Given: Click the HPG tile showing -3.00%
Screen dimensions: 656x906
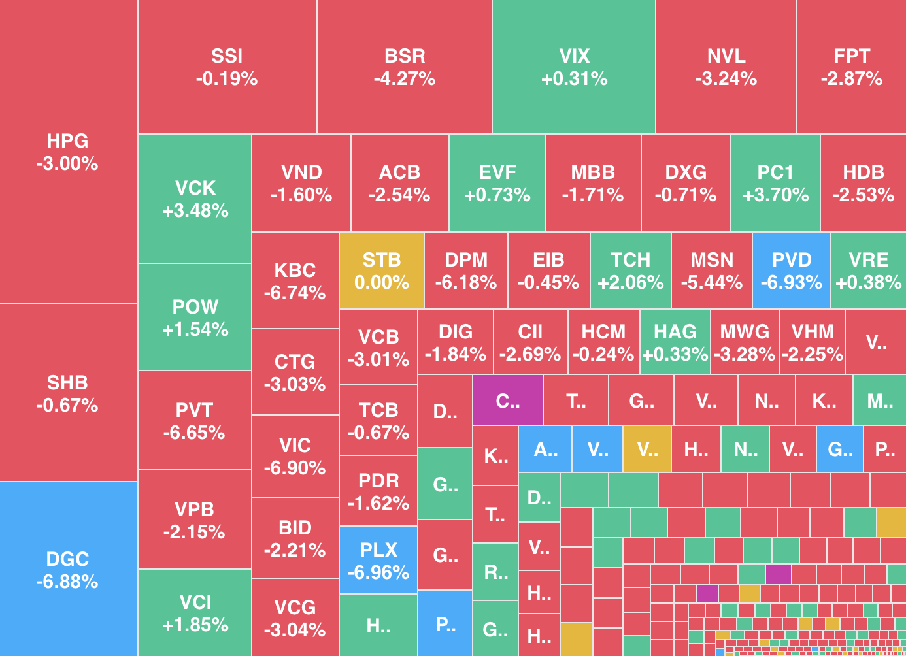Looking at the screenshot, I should (x=68, y=152).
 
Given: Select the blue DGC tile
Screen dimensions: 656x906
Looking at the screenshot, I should (x=68, y=569).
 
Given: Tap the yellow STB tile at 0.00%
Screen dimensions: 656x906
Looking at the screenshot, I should (x=382, y=271).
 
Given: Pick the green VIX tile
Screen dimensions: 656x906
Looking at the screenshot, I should (x=574, y=67).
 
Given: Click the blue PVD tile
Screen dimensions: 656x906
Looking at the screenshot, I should (x=792, y=271).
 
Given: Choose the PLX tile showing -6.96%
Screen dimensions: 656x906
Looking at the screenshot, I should (x=378, y=560).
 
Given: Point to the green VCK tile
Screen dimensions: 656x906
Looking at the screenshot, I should (x=195, y=199).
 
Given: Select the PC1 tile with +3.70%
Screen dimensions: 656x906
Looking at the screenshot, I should (x=775, y=183).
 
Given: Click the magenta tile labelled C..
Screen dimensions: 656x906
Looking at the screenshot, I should (x=507, y=400).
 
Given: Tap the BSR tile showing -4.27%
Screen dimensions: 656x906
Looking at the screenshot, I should (x=405, y=67).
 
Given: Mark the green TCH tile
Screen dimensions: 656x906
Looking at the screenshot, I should (x=631, y=271).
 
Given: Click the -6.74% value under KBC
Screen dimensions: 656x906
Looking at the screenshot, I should (x=295, y=293).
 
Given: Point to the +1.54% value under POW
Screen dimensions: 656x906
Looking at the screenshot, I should (x=195, y=329).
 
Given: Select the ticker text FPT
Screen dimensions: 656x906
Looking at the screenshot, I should (x=852, y=56).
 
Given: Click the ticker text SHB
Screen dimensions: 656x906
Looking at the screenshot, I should (x=67, y=382).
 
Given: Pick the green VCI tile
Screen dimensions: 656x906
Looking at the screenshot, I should (x=195, y=612).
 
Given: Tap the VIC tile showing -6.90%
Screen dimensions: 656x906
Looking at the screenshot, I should (x=295, y=456).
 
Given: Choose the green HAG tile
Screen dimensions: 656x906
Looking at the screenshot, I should (x=675, y=342).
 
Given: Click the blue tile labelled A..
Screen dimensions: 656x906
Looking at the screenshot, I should (x=545, y=449).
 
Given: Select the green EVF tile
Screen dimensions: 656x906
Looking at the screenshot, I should (x=497, y=183).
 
